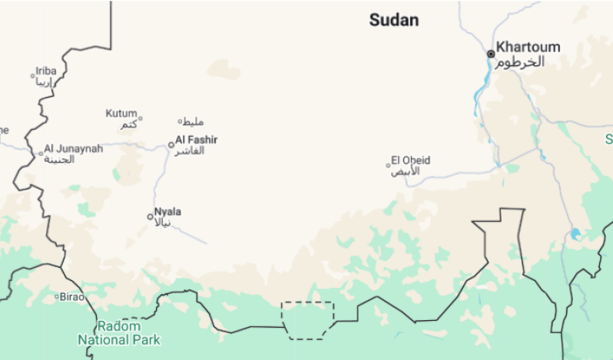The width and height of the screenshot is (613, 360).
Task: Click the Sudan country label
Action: point(394,21)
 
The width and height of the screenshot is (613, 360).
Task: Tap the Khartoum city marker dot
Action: point(491,54)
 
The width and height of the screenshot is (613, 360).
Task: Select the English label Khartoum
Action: point(528,47)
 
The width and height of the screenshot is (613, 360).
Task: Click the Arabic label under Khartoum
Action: point(519,62)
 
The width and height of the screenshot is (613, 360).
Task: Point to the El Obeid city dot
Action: point(389,165)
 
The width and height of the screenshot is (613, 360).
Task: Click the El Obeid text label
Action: point(411,160)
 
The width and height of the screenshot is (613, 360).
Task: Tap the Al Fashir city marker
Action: point(171,144)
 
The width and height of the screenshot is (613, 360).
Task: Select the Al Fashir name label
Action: point(197,140)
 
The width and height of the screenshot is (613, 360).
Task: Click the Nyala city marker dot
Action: point(151,216)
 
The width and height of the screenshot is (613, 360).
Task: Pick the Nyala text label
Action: point(168,211)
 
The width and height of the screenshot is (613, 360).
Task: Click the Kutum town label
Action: point(121,114)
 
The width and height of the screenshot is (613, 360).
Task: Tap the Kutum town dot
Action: point(140,118)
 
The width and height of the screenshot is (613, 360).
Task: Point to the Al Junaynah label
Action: point(74,148)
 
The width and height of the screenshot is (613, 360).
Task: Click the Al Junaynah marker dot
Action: point(41,154)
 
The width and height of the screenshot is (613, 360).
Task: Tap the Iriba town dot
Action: point(32,76)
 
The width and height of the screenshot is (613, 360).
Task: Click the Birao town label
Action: point(73,296)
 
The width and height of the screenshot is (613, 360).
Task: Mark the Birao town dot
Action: point(57,296)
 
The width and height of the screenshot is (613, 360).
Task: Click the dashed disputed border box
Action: point(308,319)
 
